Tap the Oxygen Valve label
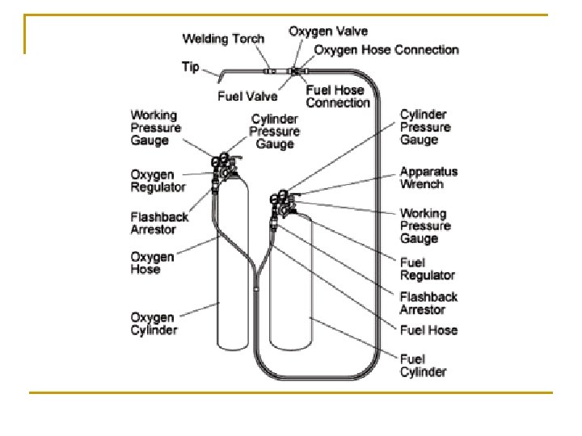(x=328, y=31)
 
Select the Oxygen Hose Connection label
(x=386, y=50)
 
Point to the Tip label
(x=190, y=66)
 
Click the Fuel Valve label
(x=247, y=96)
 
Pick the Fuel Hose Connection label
(x=337, y=96)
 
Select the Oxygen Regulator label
(x=158, y=181)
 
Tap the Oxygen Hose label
(x=153, y=263)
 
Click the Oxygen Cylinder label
(x=154, y=322)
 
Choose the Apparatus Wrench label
(x=428, y=178)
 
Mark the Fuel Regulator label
(x=428, y=269)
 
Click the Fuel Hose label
(x=428, y=329)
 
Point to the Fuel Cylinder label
(x=423, y=365)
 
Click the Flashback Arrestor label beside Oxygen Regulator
(x=159, y=223)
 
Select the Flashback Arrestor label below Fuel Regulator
(x=428, y=303)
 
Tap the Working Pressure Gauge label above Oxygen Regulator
(x=156, y=128)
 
